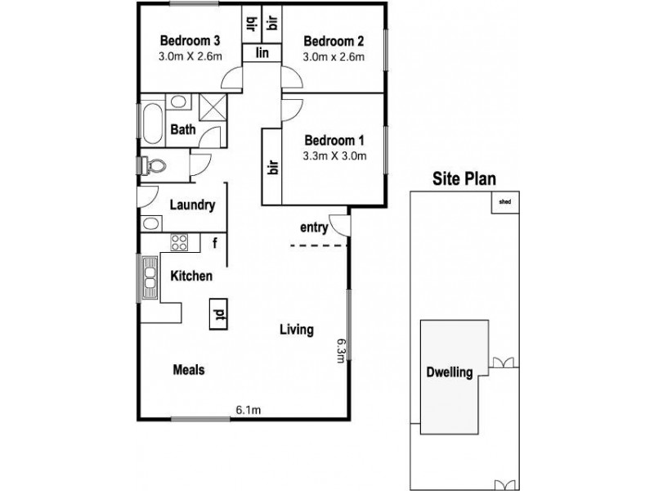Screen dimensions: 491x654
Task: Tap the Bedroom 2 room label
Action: click(333, 42)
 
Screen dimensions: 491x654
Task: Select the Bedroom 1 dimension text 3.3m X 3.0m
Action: click(334, 156)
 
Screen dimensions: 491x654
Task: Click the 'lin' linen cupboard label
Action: click(263, 53)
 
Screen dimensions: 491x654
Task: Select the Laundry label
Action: click(192, 205)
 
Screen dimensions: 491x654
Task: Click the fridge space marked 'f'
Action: click(214, 242)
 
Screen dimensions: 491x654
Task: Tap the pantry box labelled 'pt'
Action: click(218, 313)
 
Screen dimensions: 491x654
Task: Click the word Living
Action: click(297, 331)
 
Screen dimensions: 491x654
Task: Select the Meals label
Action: click(188, 370)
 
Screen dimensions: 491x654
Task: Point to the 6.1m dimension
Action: click(249, 409)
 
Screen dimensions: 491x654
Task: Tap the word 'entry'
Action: click(315, 228)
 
